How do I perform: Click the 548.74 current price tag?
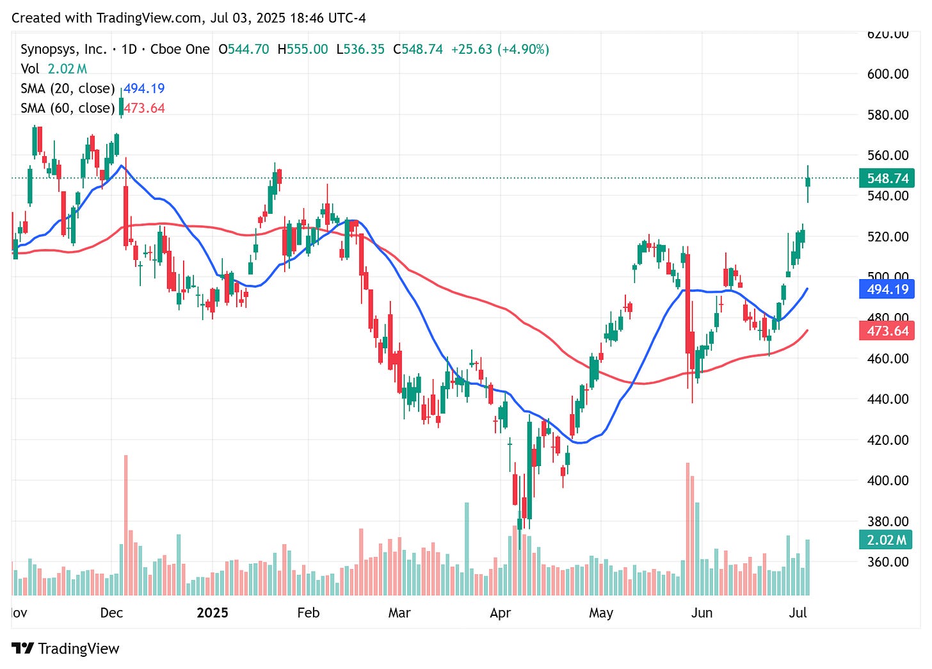(887, 178)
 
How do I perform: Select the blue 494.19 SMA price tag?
(887, 289)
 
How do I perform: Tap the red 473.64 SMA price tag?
(887, 331)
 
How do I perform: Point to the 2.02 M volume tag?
(886, 540)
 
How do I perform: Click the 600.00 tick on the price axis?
(887, 74)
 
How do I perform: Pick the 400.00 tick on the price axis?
(887, 480)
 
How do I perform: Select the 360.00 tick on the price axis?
(887, 561)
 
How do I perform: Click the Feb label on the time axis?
(308, 613)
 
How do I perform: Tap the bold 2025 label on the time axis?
(212, 613)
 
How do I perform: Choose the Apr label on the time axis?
(500, 613)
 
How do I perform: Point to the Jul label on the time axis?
(798, 613)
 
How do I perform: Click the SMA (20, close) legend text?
(67, 88)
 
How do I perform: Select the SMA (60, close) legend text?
(67, 108)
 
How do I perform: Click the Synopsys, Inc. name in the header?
(63, 49)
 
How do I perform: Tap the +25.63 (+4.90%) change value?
(500, 49)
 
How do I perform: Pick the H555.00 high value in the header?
(302, 49)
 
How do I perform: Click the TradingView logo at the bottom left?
(65, 649)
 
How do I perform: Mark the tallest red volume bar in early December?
(125, 525)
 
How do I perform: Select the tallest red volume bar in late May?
(687, 529)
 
